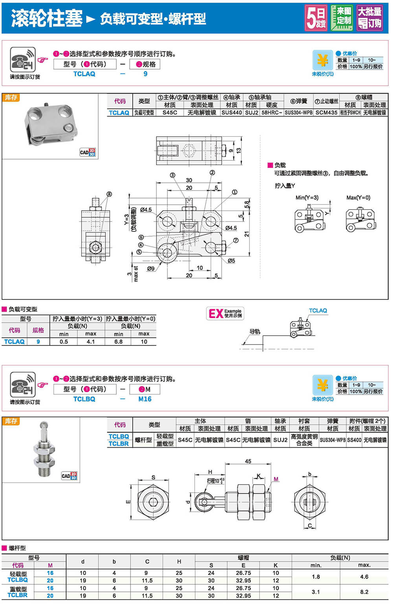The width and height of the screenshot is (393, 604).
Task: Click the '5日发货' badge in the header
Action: (316, 18)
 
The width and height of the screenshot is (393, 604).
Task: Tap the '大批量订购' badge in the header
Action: (369, 18)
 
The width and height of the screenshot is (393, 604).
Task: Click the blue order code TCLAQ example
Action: (84, 74)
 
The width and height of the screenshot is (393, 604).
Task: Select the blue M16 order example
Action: (145, 399)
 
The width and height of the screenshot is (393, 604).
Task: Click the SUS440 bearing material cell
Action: (231, 113)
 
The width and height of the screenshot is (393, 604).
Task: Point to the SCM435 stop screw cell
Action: (326, 113)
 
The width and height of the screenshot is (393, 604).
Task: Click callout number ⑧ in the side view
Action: (109, 194)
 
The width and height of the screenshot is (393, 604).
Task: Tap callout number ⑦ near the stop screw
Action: (236, 240)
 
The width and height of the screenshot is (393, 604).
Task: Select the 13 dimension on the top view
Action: (239, 151)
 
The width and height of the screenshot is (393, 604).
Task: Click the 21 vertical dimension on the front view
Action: (246, 234)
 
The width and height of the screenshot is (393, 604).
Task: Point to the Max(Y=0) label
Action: (358, 198)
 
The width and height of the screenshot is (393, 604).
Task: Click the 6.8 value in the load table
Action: (118, 341)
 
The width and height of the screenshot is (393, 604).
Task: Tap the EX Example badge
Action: (225, 313)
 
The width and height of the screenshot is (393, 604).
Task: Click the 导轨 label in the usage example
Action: (255, 331)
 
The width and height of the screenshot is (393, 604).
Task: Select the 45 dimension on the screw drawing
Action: (248, 461)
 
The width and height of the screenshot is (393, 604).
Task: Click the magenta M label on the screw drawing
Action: (276, 479)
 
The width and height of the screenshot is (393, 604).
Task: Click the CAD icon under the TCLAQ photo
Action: (88, 152)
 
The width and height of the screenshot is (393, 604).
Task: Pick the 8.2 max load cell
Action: (364, 592)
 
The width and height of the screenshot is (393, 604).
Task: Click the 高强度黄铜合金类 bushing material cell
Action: (304, 440)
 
